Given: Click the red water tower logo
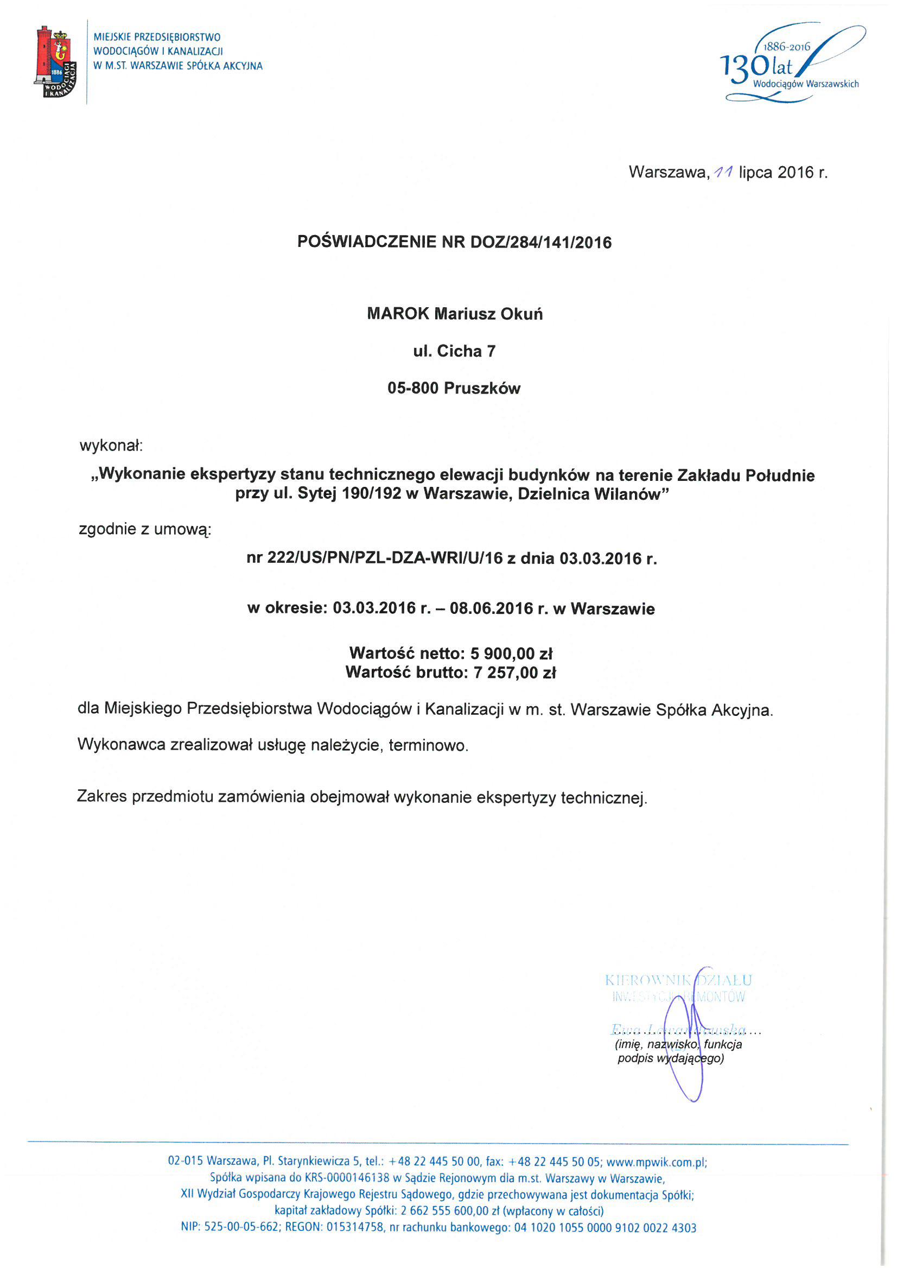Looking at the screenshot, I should pos(55,61).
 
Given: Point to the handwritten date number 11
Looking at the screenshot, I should pos(723,173).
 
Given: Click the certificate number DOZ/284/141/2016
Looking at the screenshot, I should pos(540,243).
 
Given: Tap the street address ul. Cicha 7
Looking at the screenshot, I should pos(454,351).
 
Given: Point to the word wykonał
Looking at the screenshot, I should pos(111,446).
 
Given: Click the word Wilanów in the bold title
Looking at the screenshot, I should pos(628,493).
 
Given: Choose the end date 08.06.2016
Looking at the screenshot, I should pos(491,608).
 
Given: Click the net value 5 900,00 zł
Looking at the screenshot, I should pos(511,653).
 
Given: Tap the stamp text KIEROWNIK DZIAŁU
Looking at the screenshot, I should pos(678,980).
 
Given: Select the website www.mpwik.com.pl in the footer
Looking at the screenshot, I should pos(656,1162).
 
